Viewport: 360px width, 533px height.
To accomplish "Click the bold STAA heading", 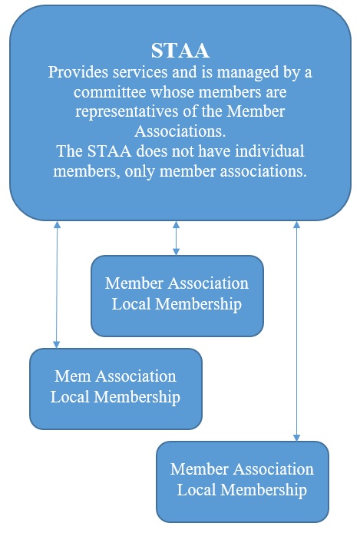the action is click(x=180, y=51).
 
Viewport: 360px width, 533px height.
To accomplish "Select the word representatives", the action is click(x=127, y=111).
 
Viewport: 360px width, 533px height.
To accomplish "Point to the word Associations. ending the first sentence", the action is click(x=180, y=131).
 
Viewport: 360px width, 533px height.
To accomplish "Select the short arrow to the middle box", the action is click(x=176, y=238).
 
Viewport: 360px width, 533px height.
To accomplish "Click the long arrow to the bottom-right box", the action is click(x=296, y=331).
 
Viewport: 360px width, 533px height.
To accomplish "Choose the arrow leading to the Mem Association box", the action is click(x=57, y=284).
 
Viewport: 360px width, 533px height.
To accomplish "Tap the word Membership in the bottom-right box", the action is click(x=265, y=490).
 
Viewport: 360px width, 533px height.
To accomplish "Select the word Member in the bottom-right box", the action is click(x=200, y=469).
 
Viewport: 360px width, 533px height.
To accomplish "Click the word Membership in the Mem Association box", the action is click(x=137, y=397).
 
